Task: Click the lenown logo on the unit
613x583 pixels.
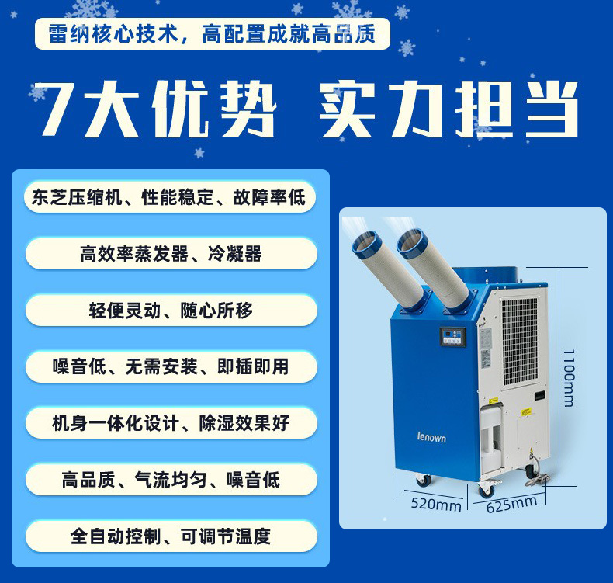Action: click(431, 437)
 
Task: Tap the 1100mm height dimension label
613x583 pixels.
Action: click(570, 378)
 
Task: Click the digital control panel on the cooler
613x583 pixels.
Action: click(453, 337)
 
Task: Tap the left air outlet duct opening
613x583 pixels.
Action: click(365, 244)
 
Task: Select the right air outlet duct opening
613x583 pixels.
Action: click(410, 243)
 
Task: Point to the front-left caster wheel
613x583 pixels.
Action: click(423, 480)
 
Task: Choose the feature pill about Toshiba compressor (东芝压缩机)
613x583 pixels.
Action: click(170, 197)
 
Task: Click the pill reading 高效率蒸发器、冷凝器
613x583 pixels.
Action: click(171, 254)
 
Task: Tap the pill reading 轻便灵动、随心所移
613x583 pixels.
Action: click(171, 311)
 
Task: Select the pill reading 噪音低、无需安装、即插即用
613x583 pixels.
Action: click(171, 366)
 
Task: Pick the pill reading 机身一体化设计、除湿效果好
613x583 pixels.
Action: click(171, 423)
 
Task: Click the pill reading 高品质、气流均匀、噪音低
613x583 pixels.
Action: click(171, 480)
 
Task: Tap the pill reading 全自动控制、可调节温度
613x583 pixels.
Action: click(171, 536)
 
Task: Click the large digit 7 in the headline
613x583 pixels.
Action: click(59, 109)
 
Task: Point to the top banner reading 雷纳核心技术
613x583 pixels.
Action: click(213, 33)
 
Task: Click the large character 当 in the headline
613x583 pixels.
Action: click(550, 109)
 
